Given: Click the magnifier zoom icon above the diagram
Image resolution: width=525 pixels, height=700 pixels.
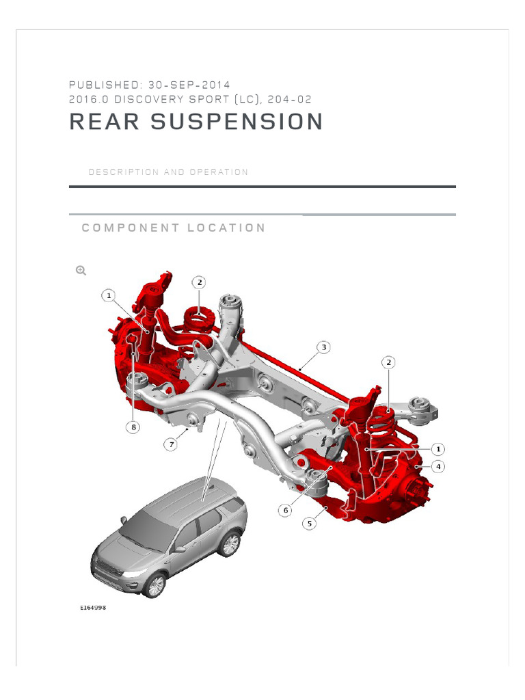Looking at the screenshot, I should click(81, 271).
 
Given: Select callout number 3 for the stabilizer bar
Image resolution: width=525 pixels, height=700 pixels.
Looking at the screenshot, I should click(324, 347).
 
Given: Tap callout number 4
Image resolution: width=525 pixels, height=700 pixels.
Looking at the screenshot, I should click(438, 466).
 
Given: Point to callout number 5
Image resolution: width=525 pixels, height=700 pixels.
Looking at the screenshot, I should click(310, 524).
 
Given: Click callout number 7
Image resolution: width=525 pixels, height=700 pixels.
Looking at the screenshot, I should click(170, 444).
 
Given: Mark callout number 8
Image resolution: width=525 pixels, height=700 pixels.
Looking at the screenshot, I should click(133, 427).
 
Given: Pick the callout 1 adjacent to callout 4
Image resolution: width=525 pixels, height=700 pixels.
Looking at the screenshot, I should click(437, 449).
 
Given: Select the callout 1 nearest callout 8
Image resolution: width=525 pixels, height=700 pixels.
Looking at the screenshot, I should click(108, 295).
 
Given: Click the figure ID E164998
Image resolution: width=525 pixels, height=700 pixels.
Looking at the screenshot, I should click(93, 606).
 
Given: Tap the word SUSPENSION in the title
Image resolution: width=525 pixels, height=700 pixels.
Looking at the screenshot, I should click(237, 122).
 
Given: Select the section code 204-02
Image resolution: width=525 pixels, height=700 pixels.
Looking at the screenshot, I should click(290, 99).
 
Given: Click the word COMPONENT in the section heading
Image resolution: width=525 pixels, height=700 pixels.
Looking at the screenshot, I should click(130, 228).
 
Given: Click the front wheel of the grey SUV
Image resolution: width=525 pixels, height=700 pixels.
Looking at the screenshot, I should click(157, 584).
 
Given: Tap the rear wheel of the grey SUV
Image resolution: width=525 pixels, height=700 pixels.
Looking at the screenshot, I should click(230, 544).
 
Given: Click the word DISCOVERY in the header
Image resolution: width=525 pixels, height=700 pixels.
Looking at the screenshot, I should click(145, 99).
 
